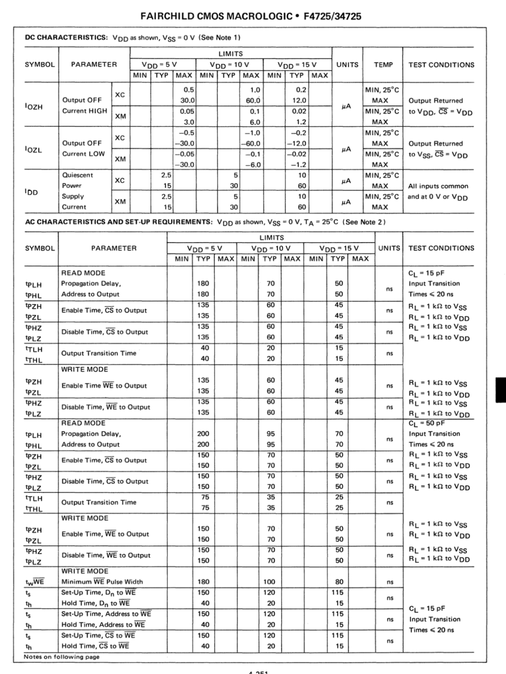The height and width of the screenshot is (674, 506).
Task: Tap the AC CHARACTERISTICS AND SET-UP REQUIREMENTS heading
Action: coord(118,222)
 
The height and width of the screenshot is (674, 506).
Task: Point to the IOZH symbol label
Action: coord(34,106)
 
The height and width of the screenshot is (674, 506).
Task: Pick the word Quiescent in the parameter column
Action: coord(78,175)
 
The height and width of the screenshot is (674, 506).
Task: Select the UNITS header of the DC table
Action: coord(347,65)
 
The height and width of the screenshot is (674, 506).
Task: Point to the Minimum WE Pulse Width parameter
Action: coord(102,581)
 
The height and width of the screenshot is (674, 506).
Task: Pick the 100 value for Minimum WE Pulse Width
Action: coord(270,581)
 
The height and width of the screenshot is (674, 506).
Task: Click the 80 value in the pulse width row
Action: coord(338,581)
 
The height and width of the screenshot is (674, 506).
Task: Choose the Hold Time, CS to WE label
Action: coord(95,646)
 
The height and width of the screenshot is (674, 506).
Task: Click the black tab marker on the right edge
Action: coord(501,390)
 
